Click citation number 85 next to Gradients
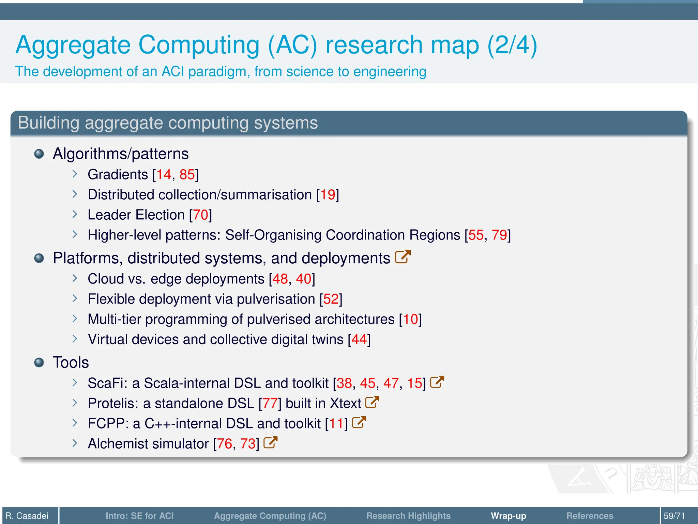click(187, 175)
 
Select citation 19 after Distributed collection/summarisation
click(328, 195)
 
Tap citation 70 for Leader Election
click(200, 215)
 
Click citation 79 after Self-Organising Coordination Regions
click(499, 235)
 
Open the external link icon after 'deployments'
click(403, 257)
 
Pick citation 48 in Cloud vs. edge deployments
click(280, 279)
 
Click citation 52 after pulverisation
click(331, 299)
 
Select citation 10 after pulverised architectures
click(410, 319)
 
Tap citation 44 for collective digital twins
click(359, 339)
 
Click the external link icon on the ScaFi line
click(437, 382)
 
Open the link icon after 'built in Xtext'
click(372, 402)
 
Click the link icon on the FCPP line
click(359, 422)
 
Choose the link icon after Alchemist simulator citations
click(270, 442)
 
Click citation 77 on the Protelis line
click(270, 404)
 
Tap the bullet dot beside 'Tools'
click(39, 362)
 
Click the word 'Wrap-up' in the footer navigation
click(508, 516)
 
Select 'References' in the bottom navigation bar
click(590, 516)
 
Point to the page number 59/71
click(674, 516)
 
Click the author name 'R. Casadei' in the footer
click(27, 516)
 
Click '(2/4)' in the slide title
click(512, 45)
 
